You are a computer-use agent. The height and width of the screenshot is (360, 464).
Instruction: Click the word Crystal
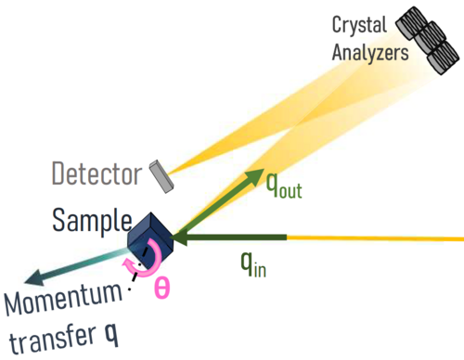click(x=359, y=26)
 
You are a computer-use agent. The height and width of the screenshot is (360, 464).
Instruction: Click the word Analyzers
click(x=370, y=53)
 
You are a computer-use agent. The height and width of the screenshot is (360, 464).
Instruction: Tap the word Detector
click(x=97, y=174)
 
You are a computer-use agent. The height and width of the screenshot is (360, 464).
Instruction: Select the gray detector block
click(x=161, y=176)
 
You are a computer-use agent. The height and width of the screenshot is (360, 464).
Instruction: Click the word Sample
click(x=92, y=220)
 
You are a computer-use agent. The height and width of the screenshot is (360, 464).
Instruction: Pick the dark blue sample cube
click(x=150, y=239)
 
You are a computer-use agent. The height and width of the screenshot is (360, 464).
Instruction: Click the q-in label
click(x=253, y=264)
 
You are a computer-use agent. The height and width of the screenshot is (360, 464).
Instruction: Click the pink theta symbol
click(x=162, y=288)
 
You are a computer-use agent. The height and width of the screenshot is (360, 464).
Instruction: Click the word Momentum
click(x=63, y=299)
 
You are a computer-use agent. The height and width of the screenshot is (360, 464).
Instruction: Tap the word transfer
click(x=52, y=340)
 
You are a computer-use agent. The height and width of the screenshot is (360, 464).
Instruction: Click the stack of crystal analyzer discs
click(x=428, y=40)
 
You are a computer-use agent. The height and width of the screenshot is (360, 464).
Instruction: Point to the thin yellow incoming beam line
click(x=375, y=238)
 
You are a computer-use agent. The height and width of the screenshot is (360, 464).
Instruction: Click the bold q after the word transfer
click(x=111, y=334)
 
